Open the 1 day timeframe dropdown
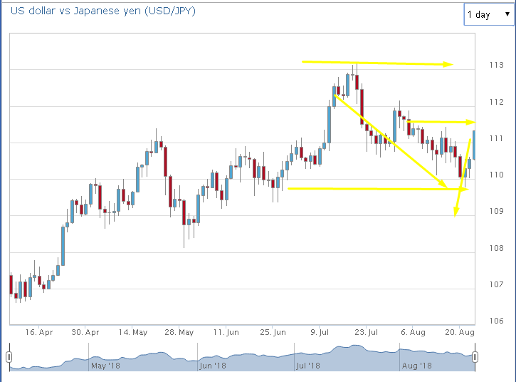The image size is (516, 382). pos(488,14)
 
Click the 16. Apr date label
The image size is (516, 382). pos(38,332)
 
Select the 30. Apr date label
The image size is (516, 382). pos(85,332)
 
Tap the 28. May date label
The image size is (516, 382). pos(179,332)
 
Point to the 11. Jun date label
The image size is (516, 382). pos(226,332)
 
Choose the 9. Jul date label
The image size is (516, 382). pos(322,332)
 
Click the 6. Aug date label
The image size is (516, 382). pos(414,332)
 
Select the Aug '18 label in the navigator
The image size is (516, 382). pos(416,366)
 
